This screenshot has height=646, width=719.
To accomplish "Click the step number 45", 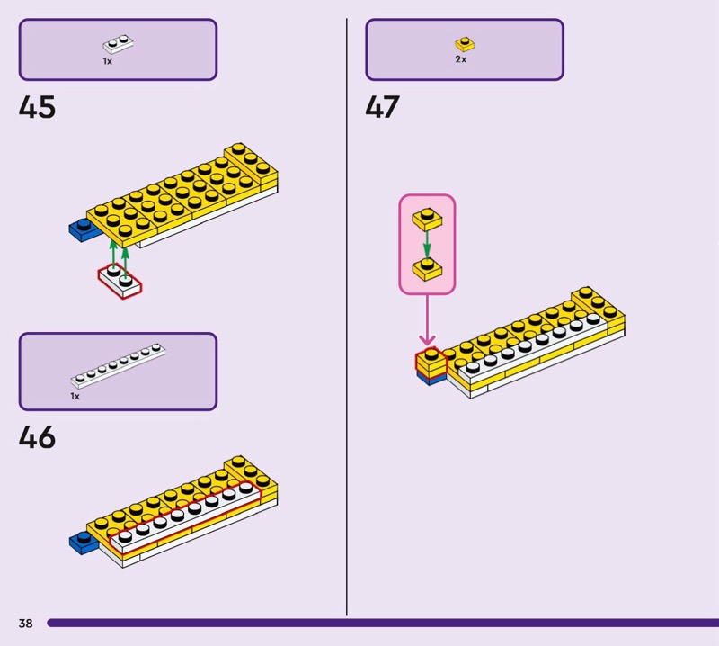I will pos(37,108).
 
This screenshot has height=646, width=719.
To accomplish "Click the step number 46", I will pos(37,438).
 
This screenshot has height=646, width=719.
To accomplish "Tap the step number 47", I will pos(382,108).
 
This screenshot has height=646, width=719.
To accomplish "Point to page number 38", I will pos(25,624).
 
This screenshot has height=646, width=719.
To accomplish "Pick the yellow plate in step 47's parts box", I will pos(464,43).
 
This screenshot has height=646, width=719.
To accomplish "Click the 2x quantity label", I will pos(460,59).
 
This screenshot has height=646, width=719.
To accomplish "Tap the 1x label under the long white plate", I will pos(75,396).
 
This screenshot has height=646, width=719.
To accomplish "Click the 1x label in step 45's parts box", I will pos(107,61).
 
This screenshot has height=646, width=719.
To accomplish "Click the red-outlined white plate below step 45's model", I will pos(120,281).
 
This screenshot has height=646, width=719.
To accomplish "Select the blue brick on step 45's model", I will pos(82,229).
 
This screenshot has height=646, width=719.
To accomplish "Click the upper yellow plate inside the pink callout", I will pos(427,219).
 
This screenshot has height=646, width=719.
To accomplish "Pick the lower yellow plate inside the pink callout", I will pos(427,268).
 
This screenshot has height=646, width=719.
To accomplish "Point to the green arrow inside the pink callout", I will pos(427,244).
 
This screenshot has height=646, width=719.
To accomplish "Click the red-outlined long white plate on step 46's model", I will pos(189,514).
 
